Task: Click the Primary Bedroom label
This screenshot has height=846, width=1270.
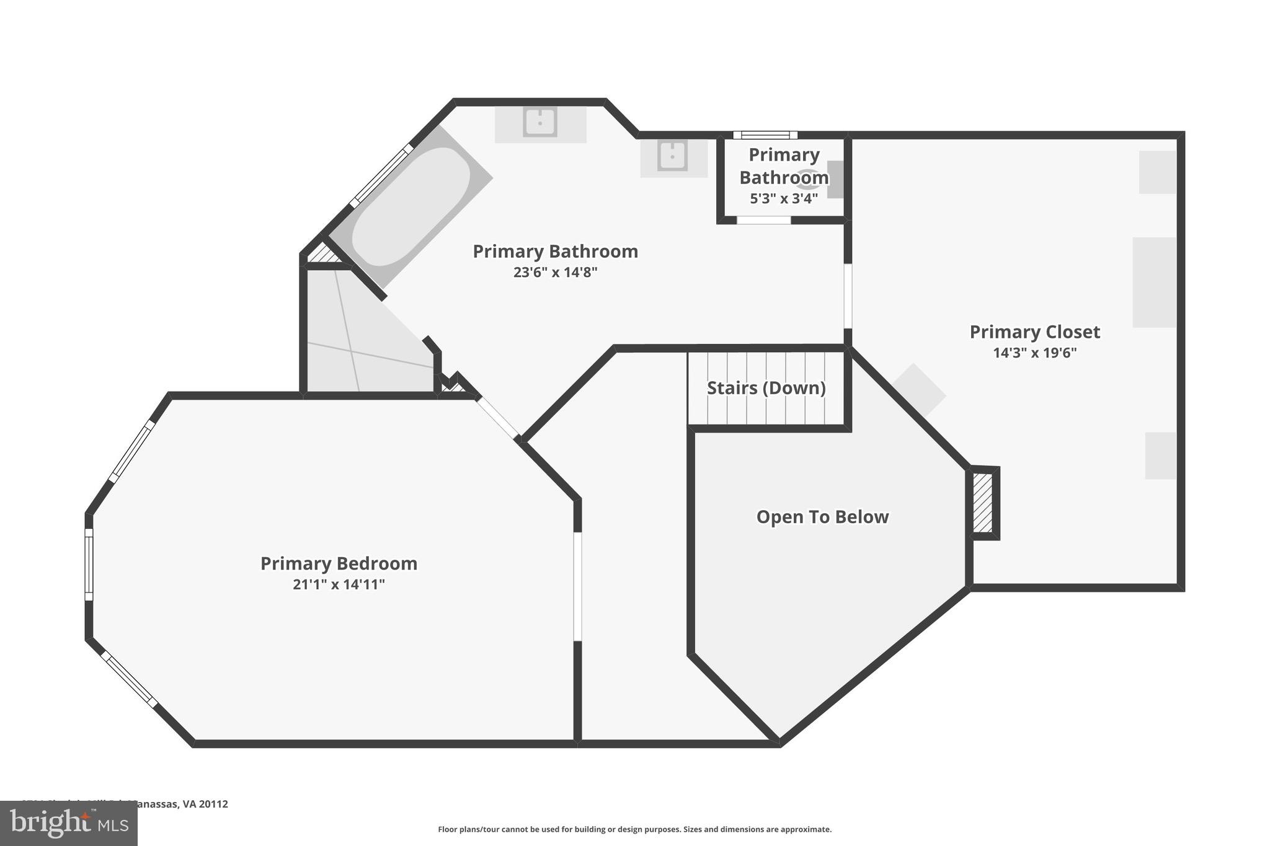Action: pyautogui.click(x=339, y=563)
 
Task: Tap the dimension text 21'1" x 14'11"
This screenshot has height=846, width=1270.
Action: pyautogui.click(x=339, y=584)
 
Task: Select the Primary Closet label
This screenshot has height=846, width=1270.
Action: pyautogui.click(x=1034, y=332)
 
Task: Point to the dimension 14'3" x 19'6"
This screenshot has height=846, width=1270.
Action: pyautogui.click(x=1034, y=353)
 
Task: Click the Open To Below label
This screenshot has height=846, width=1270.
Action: pyautogui.click(x=822, y=517)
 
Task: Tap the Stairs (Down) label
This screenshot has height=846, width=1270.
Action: pyautogui.click(x=766, y=388)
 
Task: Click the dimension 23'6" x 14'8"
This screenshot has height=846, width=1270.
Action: pyautogui.click(x=555, y=272)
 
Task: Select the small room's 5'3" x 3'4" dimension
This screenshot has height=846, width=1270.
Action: pyautogui.click(x=784, y=199)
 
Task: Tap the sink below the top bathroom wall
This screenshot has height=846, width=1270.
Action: pyautogui.click(x=540, y=122)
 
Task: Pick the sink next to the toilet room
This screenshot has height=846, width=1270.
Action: pyautogui.click(x=672, y=155)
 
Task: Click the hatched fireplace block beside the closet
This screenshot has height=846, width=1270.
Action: pyautogui.click(x=982, y=503)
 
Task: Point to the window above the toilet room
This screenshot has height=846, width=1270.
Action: pyautogui.click(x=765, y=135)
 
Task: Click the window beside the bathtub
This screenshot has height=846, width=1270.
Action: pyautogui.click(x=381, y=175)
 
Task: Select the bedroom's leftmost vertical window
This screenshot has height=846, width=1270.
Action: pyautogui.click(x=89, y=564)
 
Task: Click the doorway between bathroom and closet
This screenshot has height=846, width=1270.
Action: pyautogui.click(x=848, y=296)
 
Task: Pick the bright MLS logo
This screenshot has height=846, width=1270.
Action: pyautogui.click(x=68, y=823)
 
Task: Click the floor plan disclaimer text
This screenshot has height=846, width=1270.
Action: pyautogui.click(x=634, y=829)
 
